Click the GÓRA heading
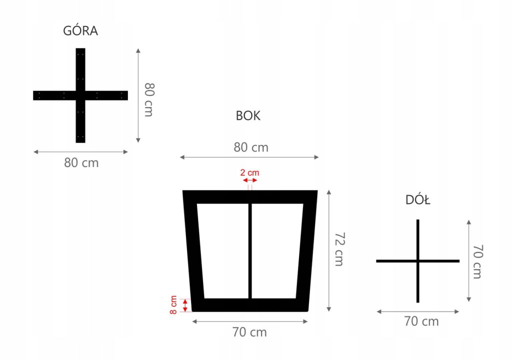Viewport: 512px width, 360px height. pos(80,31)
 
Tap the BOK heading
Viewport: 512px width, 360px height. pos(248,116)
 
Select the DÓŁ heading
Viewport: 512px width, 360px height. pos(418,200)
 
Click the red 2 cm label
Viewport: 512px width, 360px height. pos(249,172)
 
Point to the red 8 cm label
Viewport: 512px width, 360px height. pos(173,304)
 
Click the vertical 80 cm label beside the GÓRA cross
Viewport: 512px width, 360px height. pos(148,99)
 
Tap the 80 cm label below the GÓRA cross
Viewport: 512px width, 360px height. pos(81,163)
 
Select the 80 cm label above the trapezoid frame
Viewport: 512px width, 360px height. pos(251,147)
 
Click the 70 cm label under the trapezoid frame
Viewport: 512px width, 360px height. pos(250,332)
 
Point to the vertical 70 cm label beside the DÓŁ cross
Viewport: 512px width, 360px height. pos(477,261)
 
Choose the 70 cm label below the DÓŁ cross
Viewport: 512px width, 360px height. pos(421,321)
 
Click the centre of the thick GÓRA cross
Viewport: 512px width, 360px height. pos(80,95)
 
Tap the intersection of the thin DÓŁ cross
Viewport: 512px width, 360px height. pos(418,261)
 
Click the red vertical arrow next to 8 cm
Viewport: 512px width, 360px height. pos(185,305)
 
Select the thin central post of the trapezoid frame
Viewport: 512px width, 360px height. pos(250,250)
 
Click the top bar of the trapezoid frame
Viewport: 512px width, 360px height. pos(250,197)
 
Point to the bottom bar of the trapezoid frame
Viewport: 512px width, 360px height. pos(250,305)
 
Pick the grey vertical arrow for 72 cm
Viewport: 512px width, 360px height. pos(329,250)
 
